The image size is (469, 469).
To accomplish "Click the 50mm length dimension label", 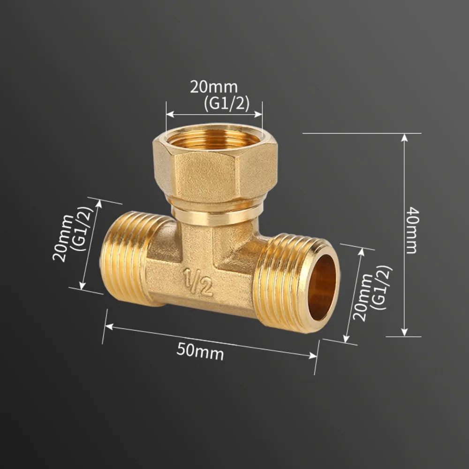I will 200,351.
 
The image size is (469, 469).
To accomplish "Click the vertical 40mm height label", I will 411,230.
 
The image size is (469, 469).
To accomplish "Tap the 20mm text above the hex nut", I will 213,87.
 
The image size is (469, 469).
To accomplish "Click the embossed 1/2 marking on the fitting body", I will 197,282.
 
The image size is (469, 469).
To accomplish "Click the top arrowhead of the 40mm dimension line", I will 404,137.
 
